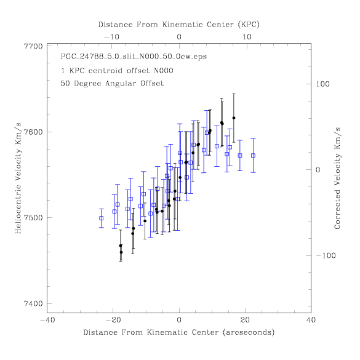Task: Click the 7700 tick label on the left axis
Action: (x=33, y=46)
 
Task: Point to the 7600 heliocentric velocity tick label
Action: (x=33, y=132)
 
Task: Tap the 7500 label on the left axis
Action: (x=33, y=218)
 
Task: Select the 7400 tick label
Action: (x=33, y=303)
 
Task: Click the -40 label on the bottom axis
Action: (x=47, y=320)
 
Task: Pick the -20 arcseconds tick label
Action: (x=113, y=320)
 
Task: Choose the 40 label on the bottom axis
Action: (x=311, y=320)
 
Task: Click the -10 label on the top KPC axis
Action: (x=112, y=37)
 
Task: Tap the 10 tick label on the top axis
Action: (x=247, y=37)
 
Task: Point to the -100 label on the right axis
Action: (x=326, y=255)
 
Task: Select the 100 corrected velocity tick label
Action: (x=322, y=84)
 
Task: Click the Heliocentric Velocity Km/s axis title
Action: (x=18, y=178)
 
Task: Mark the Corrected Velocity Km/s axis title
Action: (x=337, y=178)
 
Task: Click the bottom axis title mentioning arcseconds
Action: (x=179, y=332)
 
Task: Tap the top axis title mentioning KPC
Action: (x=179, y=25)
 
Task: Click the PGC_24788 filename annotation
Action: (x=134, y=57)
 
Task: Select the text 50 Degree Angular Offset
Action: (x=112, y=83)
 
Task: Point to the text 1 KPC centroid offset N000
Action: (x=117, y=71)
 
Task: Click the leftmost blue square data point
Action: (x=102, y=218)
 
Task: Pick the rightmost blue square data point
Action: (x=254, y=156)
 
